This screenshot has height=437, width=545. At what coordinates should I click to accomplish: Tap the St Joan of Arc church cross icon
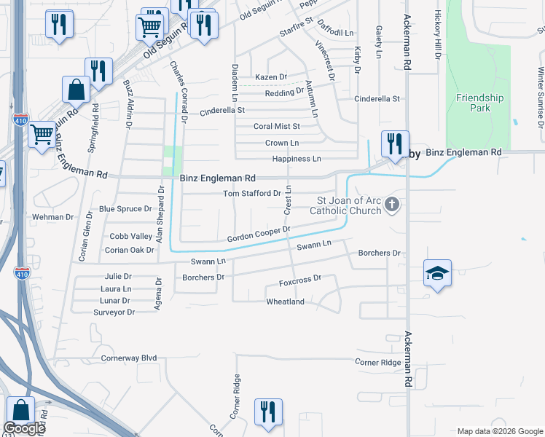[393, 203]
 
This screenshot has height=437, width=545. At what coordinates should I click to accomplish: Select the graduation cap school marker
[437, 274]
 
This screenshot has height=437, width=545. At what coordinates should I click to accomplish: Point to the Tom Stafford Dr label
[251, 193]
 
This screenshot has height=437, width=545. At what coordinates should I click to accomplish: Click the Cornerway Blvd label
[129, 358]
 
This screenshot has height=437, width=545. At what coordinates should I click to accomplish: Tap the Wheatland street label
[285, 302]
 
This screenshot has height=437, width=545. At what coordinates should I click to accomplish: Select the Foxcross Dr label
[300, 280]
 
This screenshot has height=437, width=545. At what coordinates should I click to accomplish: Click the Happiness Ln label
[296, 159]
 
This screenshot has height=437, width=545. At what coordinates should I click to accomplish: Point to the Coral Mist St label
[276, 127]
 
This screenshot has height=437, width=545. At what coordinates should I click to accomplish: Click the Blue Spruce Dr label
[125, 209]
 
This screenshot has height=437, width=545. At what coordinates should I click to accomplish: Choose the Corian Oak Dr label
[129, 250]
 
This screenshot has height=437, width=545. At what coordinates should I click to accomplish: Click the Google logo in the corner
[23, 429]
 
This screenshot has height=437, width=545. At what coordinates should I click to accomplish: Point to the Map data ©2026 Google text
[500, 431]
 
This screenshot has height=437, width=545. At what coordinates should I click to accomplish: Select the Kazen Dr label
[271, 76]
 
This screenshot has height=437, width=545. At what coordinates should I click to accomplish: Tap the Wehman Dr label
[53, 217]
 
